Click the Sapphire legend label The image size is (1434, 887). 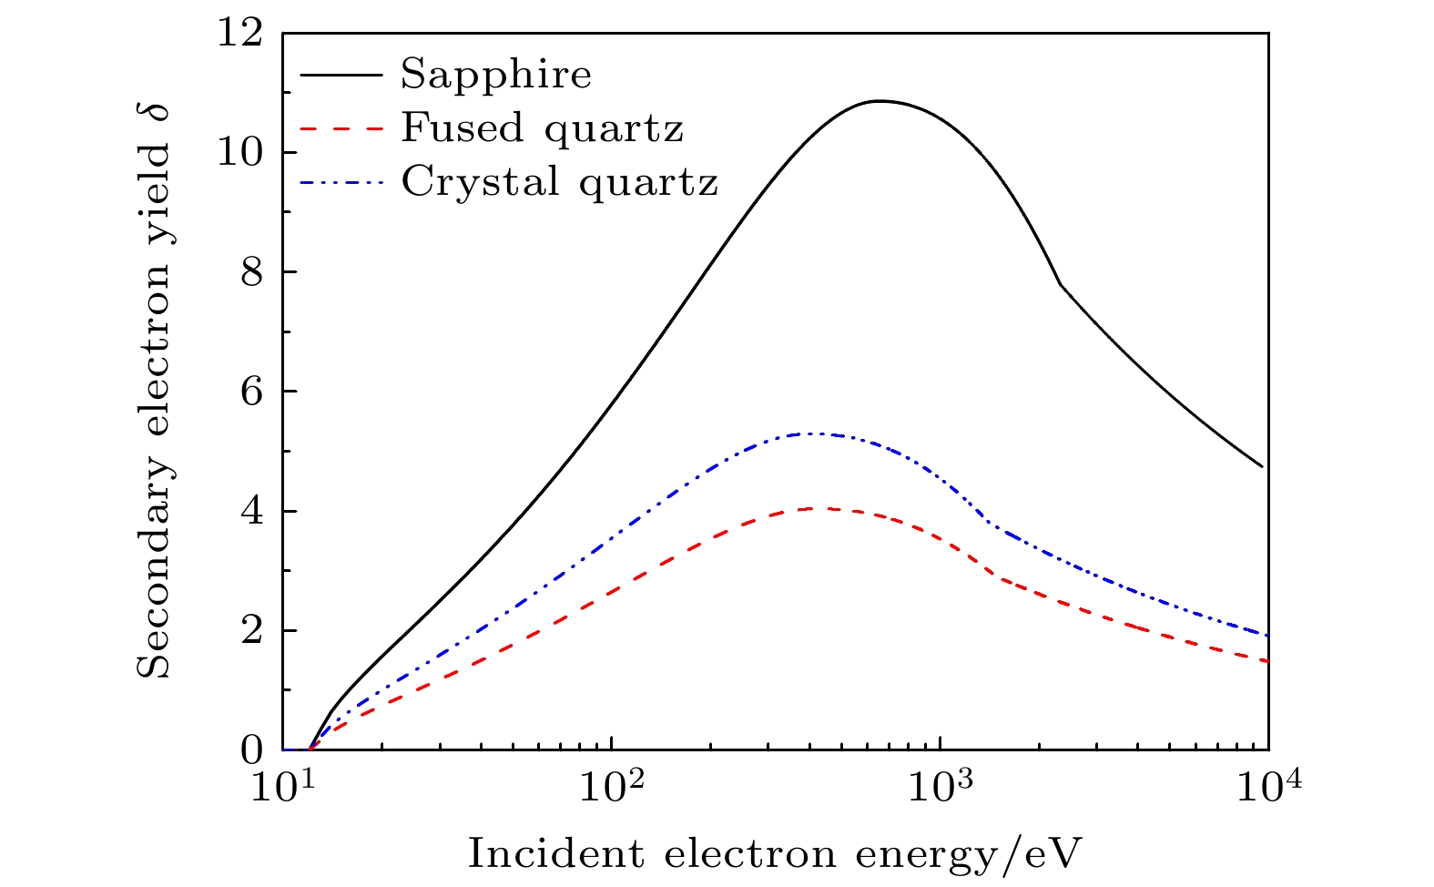(496, 75)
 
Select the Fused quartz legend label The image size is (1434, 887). (542, 127)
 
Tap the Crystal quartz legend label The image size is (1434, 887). (559, 181)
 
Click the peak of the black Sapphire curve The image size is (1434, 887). (879, 101)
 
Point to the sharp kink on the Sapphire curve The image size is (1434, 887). (1059, 285)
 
